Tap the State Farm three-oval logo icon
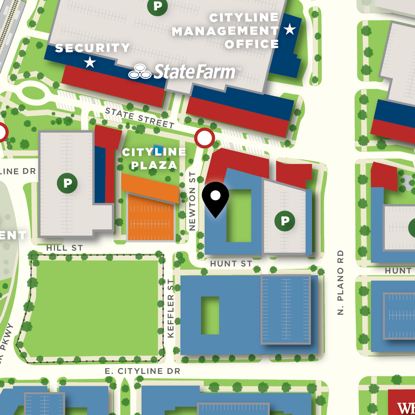click(140, 72)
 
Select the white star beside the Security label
click(90, 63)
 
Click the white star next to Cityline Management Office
click(289, 29)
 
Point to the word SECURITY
click(93, 48)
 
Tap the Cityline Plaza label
click(154, 159)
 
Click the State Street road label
click(139, 118)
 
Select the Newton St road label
click(192, 201)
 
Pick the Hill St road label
click(65, 248)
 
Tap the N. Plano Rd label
click(341, 282)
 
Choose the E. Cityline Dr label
click(143, 371)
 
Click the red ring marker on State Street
click(204, 138)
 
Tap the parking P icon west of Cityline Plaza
click(67, 183)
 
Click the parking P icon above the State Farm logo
click(157, 6)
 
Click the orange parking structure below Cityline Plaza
click(151, 218)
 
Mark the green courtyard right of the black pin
click(239, 215)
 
